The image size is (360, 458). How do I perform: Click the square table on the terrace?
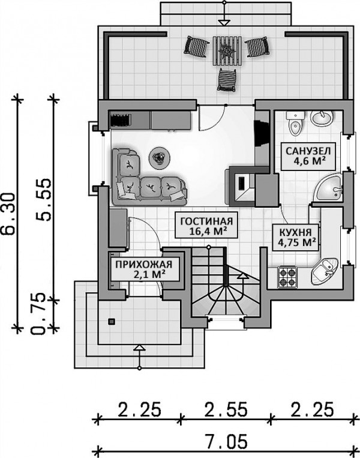(227, 50)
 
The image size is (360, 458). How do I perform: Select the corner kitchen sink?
(326, 268)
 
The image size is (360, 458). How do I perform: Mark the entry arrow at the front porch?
(139, 348)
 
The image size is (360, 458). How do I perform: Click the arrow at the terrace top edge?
(224, 23)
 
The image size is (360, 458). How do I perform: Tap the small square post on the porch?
(110, 322)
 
